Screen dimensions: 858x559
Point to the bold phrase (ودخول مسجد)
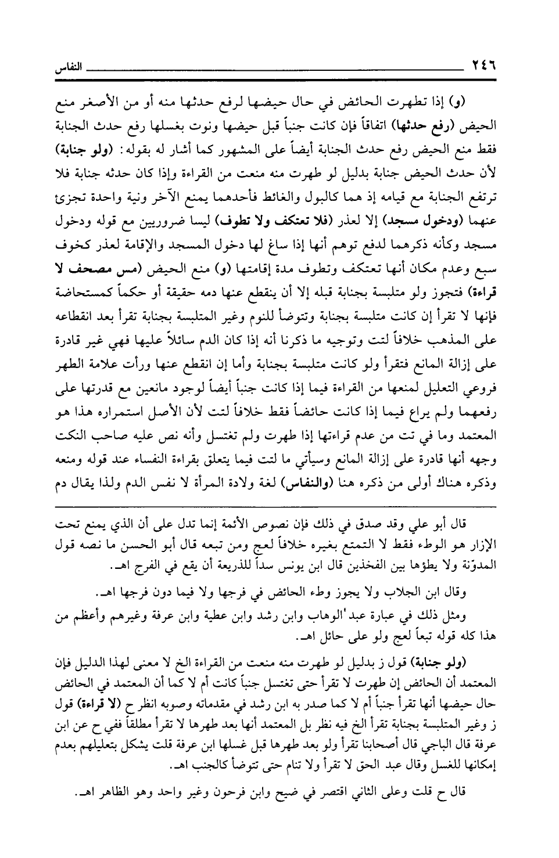464,221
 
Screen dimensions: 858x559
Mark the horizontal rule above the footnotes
278,507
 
